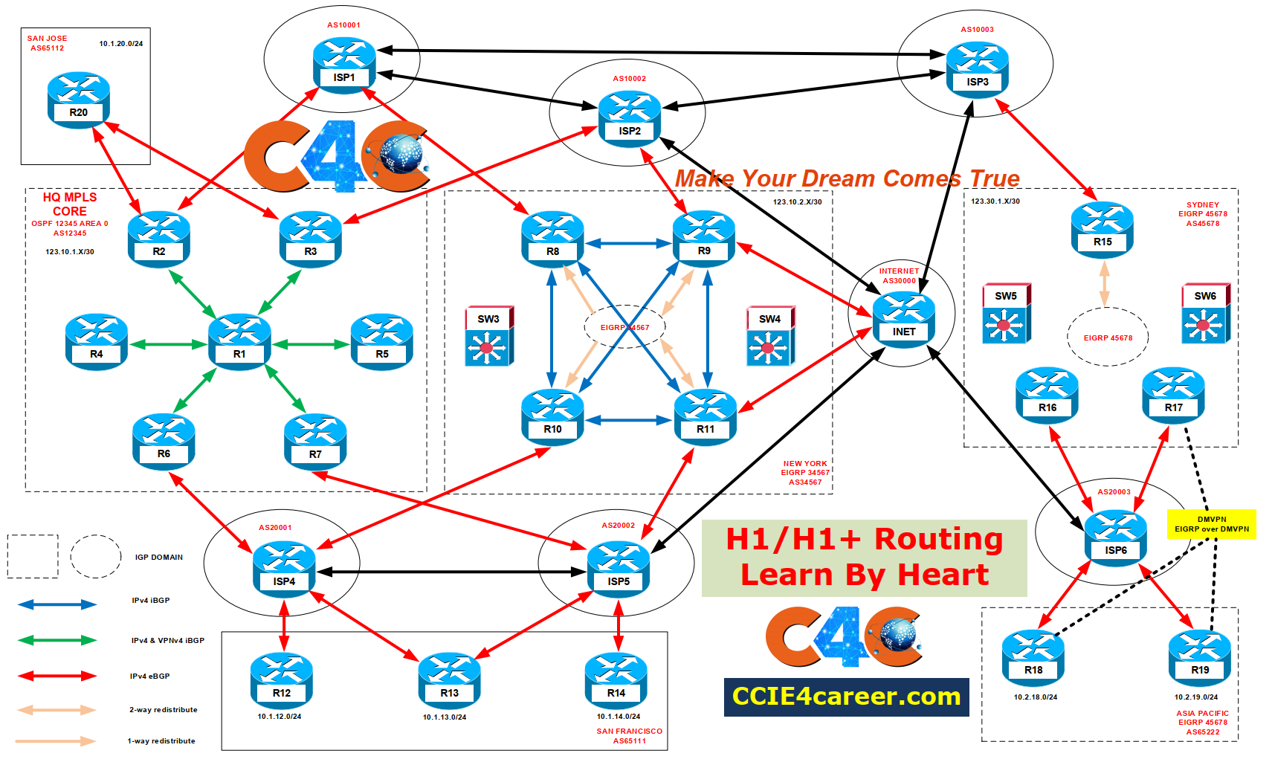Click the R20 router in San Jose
(78, 100)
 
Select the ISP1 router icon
(344, 65)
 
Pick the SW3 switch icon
(488, 337)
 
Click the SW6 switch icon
(1205, 314)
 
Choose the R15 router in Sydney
(1102, 230)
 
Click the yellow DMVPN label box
(1211, 524)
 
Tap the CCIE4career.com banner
(846, 697)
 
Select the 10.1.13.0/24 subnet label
(445, 717)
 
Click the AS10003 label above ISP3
(977, 30)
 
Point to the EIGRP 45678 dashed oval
(1108, 338)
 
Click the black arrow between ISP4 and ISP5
(451, 572)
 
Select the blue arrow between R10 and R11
(629, 420)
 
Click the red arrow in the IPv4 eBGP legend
(57, 676)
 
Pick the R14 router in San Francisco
(616, 679)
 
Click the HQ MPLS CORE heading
(70, 204)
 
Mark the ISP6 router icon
(1115, 537)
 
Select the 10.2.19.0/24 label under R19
(1195, 697)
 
